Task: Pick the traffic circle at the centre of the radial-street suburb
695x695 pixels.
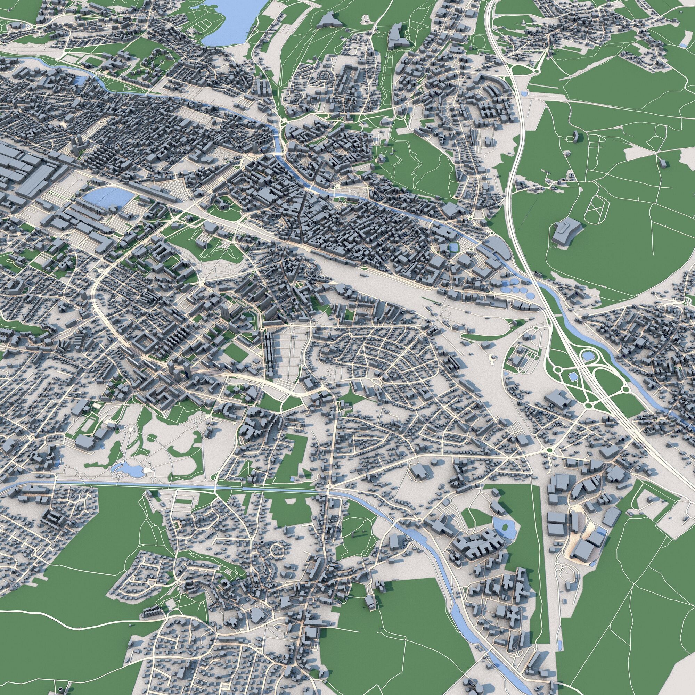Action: click(x=377, y=381)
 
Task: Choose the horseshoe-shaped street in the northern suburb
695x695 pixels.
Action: click(x=326, y=75)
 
